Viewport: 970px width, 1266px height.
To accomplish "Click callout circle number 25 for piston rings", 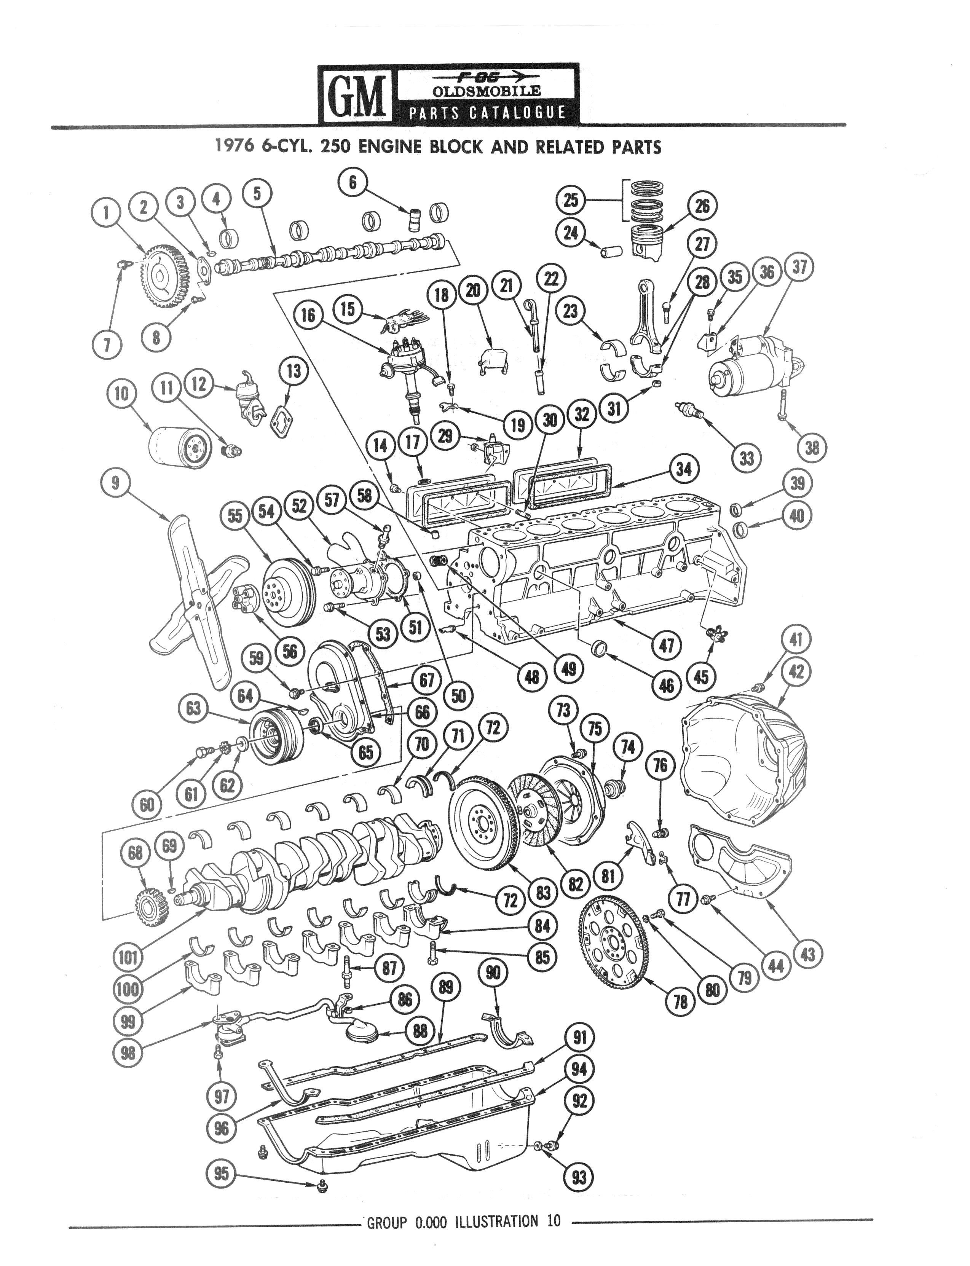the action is (x=570, y=200).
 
